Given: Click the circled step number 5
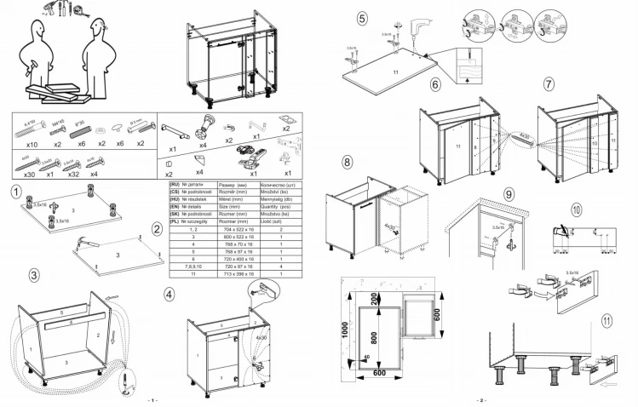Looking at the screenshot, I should [x=362, y=18].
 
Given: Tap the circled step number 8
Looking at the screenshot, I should [x=348, y=162].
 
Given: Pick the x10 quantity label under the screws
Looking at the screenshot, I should [x=32, y=145].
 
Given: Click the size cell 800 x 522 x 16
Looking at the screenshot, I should [x=239, y=237].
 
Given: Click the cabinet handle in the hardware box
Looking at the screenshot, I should [x=174, y=129].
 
